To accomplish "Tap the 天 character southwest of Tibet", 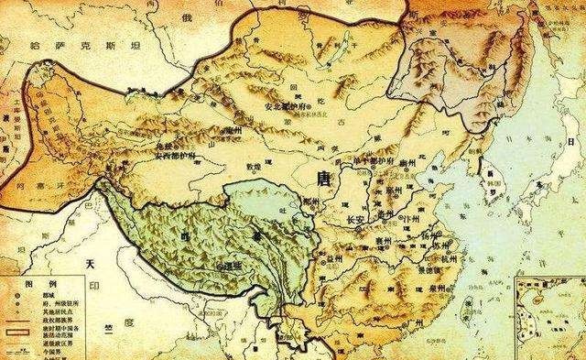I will pos(90,264).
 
